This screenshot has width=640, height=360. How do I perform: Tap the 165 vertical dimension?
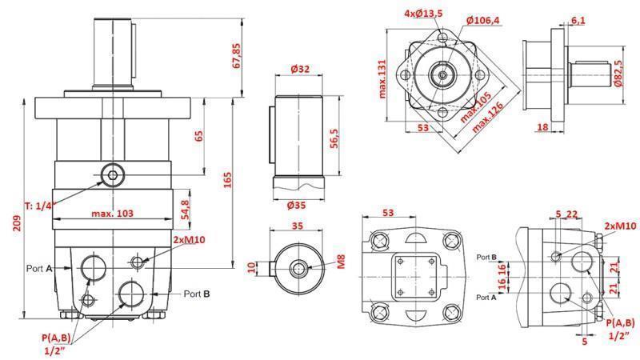click(x=229, y=182)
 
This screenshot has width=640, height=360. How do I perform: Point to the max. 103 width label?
click(x=112, y=214)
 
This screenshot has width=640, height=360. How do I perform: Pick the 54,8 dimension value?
click(x=185, y=210)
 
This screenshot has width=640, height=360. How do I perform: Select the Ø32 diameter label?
click(x=300, y=70)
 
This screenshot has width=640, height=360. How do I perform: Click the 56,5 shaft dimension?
click(x=335, y=138)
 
